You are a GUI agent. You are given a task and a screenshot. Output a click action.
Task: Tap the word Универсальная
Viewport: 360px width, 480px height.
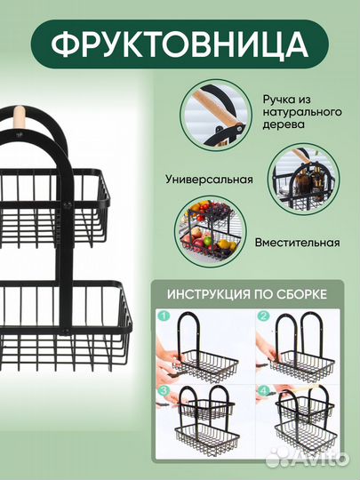[x=209, y=179]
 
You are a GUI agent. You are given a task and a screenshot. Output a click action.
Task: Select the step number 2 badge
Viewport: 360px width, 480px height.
[x=263, y=316]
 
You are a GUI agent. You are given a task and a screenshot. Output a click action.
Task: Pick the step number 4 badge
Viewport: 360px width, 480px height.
[x=263, y=390]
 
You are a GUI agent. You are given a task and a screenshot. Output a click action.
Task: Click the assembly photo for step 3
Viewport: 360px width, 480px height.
[x=203, y=421]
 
